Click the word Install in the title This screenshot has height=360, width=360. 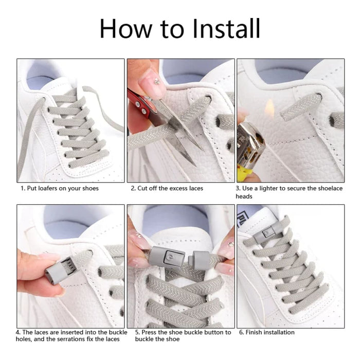point(226,29)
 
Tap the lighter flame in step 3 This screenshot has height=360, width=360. point(269,108)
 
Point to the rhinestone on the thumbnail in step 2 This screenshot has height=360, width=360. point(157,81)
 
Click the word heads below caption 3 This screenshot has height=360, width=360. point(244,196)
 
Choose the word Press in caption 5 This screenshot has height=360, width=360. point(149,332)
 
